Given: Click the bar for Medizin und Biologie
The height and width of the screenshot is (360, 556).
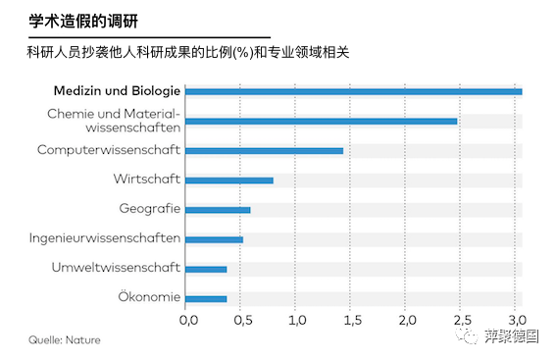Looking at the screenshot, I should point(353,91).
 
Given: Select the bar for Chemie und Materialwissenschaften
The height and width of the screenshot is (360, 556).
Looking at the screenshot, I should point(321,122).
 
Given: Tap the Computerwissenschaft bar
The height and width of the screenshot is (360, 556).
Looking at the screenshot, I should point(264,151).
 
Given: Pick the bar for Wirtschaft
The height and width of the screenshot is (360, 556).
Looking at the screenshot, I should point(228,180).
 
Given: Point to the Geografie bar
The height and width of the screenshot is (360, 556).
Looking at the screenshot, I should point(218,210).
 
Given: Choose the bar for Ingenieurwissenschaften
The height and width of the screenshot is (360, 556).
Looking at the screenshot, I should point(214,239).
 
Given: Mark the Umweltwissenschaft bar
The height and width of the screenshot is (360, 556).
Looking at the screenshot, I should point(206,269).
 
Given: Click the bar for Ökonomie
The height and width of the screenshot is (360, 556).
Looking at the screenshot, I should point(206,298).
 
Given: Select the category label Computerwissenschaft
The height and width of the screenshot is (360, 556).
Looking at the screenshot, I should point(109,150).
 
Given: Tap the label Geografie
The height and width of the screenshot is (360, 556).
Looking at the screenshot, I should point(149,209).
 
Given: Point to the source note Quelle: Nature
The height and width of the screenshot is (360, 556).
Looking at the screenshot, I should point(64,340).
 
